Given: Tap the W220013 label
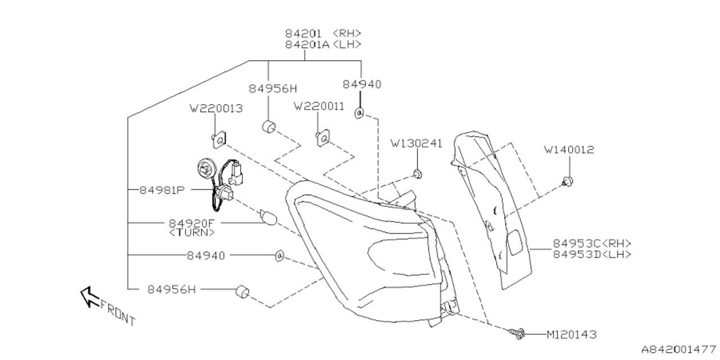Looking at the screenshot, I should (217, 108).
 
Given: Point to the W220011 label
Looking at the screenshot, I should (319, 106).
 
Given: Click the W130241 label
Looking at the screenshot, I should (417, 143).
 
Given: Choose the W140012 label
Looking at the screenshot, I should (569, 150).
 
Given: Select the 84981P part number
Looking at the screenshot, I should (162, 190).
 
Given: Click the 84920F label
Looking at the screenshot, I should (192, 223).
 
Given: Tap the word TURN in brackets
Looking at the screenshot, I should (192, 232).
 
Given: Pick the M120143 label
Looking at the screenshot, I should (571, 334).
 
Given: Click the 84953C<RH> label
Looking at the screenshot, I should (592, 244).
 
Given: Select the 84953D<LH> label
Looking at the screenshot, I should (592, 254).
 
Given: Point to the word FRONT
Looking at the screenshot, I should (119, 313).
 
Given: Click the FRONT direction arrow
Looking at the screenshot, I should (88, 296).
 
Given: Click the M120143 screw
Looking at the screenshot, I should (519, 334).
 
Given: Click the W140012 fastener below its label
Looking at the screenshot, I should (568, 181).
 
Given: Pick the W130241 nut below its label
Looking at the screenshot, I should (417, 173).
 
